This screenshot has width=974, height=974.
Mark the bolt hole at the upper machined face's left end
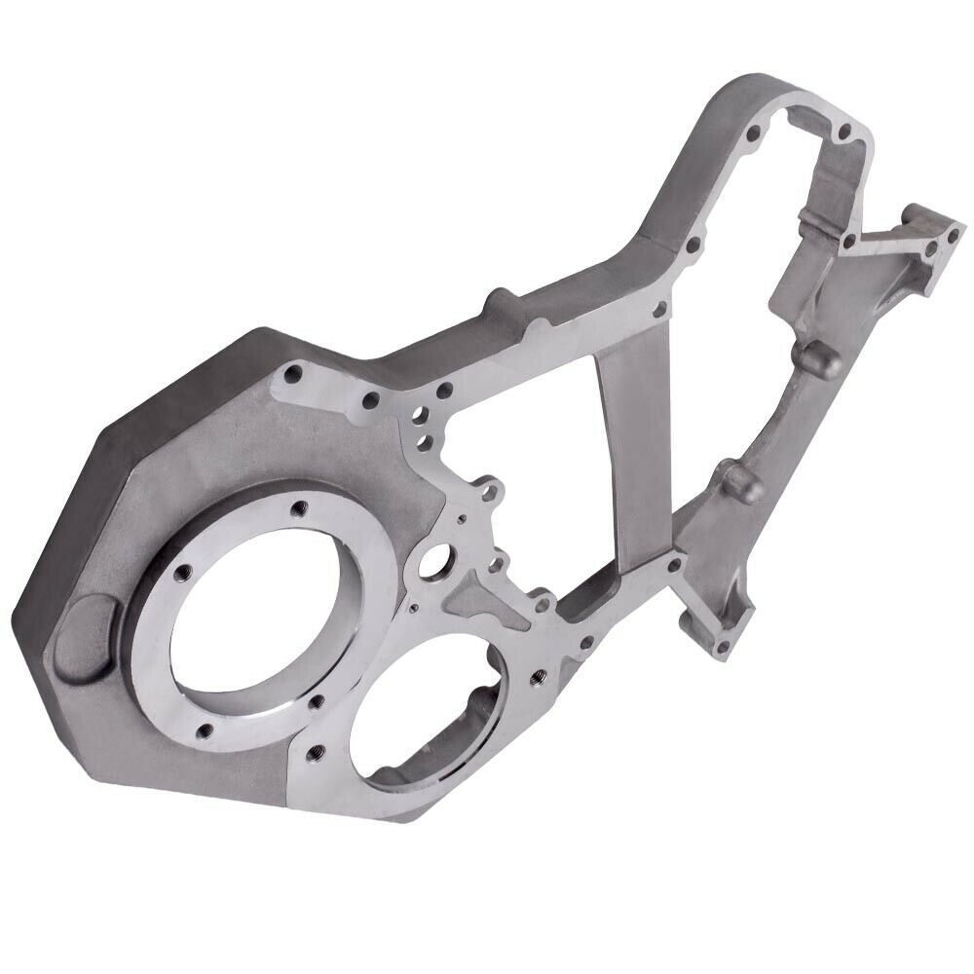(291, 371)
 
